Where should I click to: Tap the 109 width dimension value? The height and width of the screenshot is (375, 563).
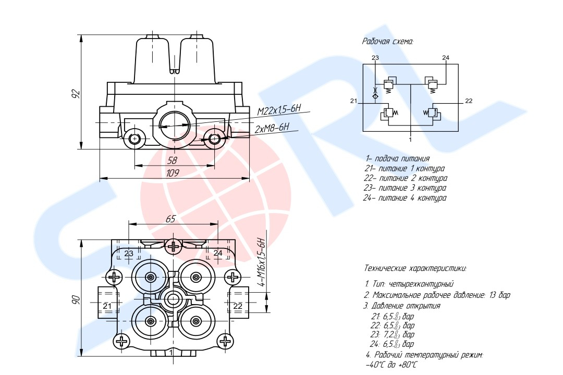point(173,173)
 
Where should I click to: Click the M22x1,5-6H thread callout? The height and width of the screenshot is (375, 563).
point(279,110)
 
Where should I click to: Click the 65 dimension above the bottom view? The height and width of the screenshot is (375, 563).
point(171,219)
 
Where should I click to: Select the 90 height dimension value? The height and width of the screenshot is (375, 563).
point(76,299)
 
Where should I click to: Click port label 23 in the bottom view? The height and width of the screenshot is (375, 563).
point(129,254)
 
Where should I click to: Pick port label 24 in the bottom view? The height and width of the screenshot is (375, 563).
point(218,254)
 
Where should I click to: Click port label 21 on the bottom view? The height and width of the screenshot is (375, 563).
point(107,306)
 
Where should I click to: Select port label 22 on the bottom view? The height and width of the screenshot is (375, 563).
point(238,306)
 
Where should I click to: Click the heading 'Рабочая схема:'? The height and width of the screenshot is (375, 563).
point(388,41)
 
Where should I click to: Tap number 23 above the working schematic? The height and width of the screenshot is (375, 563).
point(375,57)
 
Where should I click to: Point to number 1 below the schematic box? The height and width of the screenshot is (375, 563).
point(411,140)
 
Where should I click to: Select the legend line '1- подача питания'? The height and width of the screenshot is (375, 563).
point(397,158)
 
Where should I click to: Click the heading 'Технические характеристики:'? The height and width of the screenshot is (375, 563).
point(415,269)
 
